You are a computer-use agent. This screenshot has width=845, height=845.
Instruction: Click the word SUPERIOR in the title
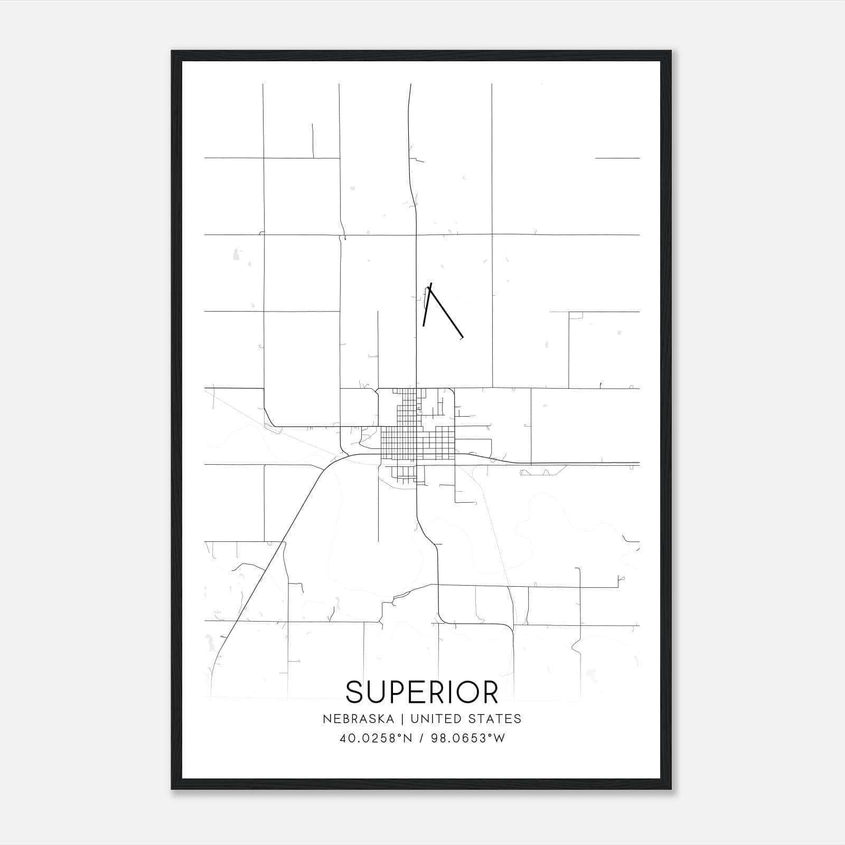[422, 692]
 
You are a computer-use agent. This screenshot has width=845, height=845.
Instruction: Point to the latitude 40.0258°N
[375, 738]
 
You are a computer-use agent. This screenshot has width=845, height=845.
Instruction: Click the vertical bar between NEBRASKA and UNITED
[402, 719]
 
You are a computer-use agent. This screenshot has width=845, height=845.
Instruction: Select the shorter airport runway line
[427, 305]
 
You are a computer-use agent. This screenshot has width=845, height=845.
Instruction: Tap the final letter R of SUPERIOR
[490, 692]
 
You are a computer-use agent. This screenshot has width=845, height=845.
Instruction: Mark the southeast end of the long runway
[462, 336]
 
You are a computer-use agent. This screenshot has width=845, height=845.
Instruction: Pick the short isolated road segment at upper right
[617, 158]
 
